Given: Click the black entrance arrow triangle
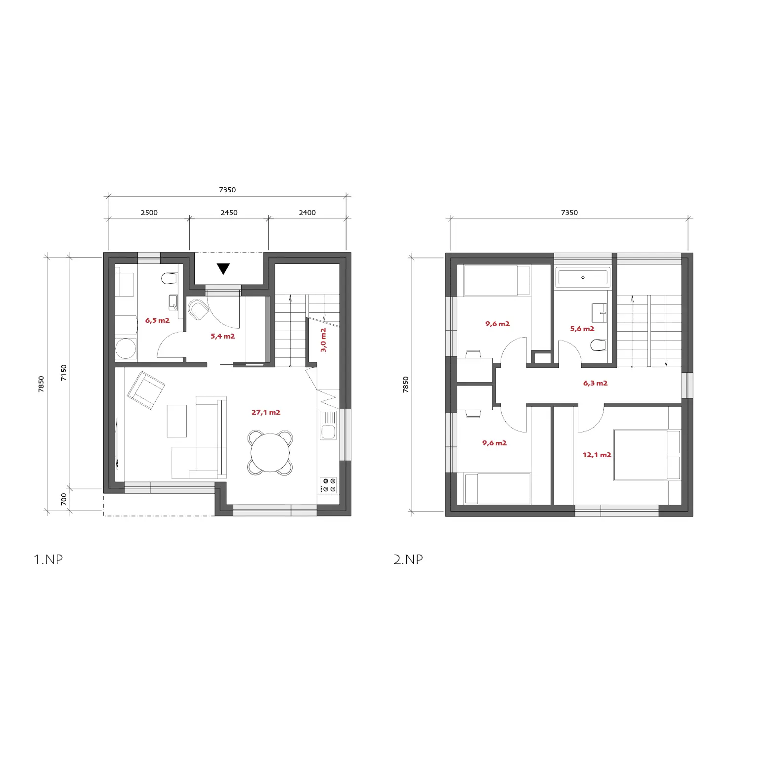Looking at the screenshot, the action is (x=223, y=268).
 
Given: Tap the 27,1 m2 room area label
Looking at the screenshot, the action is (x=266, y=412).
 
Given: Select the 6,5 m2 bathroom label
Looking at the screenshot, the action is (x=157, y=320).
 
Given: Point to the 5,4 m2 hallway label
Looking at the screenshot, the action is (x=222, y=336).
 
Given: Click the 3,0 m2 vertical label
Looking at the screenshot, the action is (x=323, y=340).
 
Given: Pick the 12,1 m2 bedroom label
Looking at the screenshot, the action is (x=597, y=455).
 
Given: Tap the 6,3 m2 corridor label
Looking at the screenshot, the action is (x=595, y=383).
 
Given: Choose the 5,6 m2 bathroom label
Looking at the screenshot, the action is (x=582, y=329).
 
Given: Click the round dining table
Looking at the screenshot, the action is (x=270, y=453).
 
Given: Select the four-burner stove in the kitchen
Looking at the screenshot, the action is (x=328, y=485).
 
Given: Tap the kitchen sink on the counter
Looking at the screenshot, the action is (x=328, y=425).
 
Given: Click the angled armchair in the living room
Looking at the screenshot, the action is (x=146, y=390).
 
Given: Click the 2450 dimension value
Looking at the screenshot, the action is (x=229, y=213).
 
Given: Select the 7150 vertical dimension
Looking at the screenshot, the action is (x=63, y=373).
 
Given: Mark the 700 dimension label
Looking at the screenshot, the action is (x=63, y=499).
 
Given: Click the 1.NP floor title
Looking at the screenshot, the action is (x=48, y=560).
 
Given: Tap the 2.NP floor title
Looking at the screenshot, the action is (x=408, y=560).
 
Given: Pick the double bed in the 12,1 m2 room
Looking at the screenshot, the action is (x=647, y=455).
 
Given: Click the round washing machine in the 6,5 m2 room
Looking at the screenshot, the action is (x=126, y=348).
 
